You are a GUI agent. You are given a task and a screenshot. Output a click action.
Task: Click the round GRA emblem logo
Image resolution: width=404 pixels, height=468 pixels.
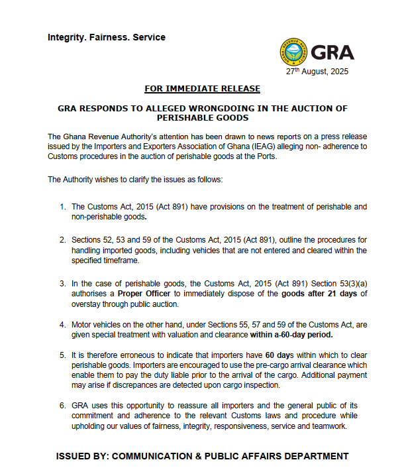pyautogui.click(x=294, y=52)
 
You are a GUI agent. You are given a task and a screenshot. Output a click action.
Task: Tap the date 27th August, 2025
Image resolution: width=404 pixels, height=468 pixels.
pyautogui.click(x=316, y=72)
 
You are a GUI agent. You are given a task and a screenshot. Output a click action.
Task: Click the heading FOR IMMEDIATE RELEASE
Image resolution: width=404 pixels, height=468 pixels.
pyautogui.click(x=202, y=89)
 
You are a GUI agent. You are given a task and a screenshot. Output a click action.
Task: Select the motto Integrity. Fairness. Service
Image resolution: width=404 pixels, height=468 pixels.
pyautogui.click(x=107, y=37)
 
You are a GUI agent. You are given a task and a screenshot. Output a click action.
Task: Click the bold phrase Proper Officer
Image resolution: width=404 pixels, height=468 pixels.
pyautogui.click(x=146, y=294)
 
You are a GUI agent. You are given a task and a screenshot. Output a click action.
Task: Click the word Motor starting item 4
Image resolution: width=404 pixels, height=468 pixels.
pyautogui.click(x=83, y=325)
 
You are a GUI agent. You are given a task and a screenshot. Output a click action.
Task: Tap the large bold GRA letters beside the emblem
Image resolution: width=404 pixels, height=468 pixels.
pyautogui.click(x=332, y=52)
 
